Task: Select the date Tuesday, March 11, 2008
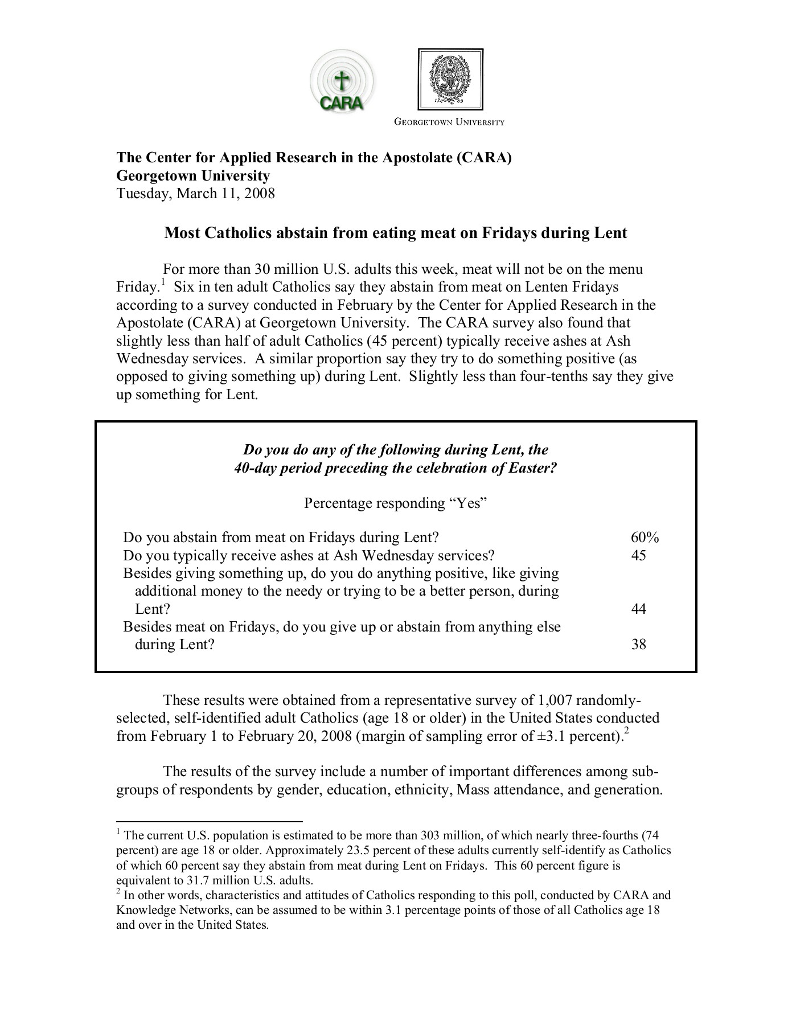[x=196, y=194]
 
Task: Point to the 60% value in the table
[x=645, y=538]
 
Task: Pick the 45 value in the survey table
[x=639, y=555]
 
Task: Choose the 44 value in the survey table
[x=639, y=609]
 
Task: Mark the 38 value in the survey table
[x=639, y=645]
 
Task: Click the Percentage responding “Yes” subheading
[x=396, y=503]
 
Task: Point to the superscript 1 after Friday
[x=163, y=281]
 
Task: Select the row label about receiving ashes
[x=309, y=555]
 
